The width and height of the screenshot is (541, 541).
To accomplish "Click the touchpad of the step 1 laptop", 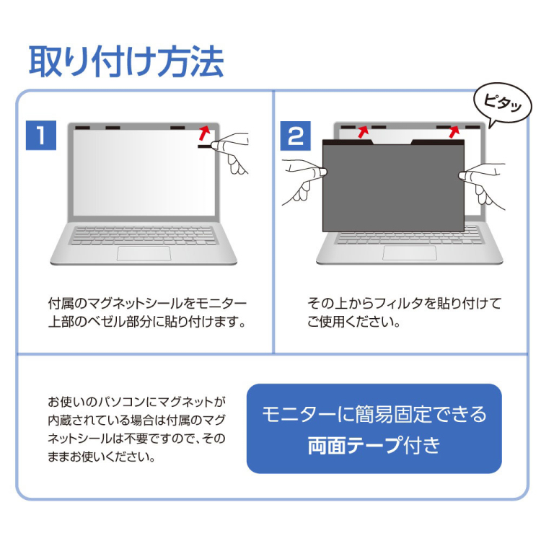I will point(144,253).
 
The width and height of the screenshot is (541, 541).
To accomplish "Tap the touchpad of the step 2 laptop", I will point(409,253).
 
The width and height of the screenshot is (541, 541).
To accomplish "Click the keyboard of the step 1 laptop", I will point(144,235).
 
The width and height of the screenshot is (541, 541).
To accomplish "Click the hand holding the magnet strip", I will point(232,151).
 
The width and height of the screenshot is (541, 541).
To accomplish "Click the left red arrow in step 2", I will point(362,131).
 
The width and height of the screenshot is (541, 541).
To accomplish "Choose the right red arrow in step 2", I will point(454,131).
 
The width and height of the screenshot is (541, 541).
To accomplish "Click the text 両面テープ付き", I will point(374,446).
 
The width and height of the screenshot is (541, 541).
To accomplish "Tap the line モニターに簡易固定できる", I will point(374,414).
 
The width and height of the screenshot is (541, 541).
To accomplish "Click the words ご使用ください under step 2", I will point(353,322).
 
